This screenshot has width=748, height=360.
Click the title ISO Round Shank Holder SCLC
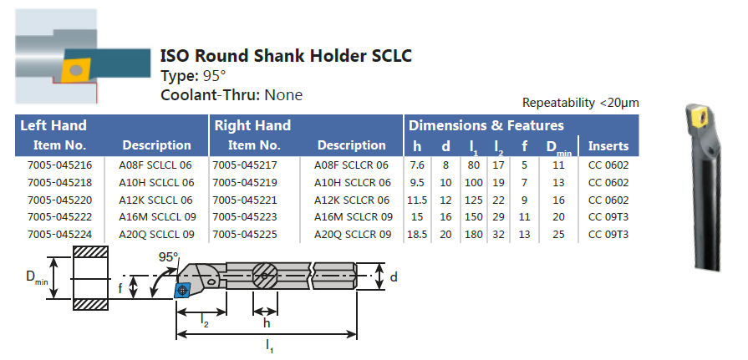[285, 56]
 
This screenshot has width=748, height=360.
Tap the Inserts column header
[608, 145]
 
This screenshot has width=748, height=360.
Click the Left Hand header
[53, 126]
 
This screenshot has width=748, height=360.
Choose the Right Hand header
[252, 126]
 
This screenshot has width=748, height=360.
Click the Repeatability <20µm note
[580, 103]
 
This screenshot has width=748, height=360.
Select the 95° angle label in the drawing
[168, 257]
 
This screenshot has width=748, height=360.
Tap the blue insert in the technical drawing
[184, 289]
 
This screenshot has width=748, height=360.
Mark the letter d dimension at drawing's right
[394, 276]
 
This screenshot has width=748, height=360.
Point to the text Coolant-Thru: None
[231, 95]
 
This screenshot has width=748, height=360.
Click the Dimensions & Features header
[486, 126]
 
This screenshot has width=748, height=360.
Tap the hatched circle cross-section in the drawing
[267, 276]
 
